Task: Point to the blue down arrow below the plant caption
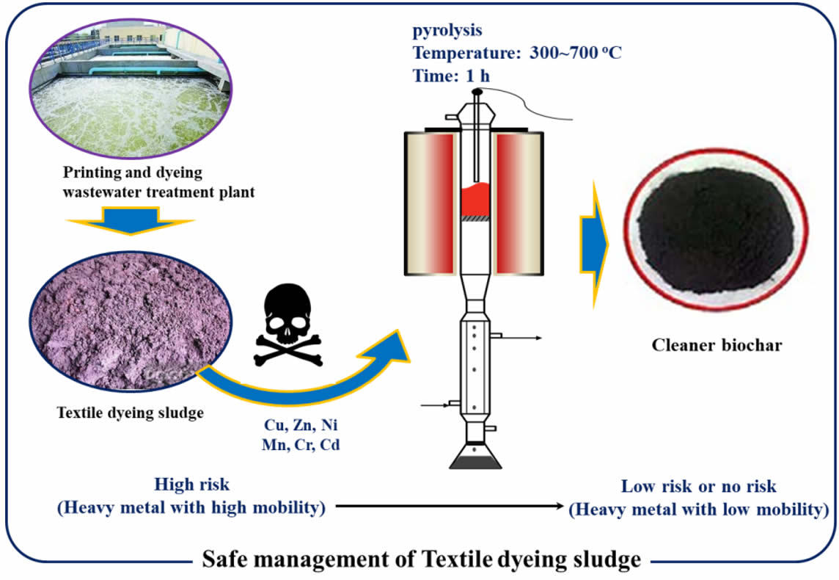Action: [x=130, y=220]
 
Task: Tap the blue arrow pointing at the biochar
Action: [x=593, y=242]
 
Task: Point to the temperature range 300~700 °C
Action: [x=575, y=54]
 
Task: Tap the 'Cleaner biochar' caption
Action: [x=717, y=344]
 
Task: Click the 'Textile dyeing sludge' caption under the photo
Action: [x=130, y=413]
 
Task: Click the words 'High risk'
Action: [x=192, y=485]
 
